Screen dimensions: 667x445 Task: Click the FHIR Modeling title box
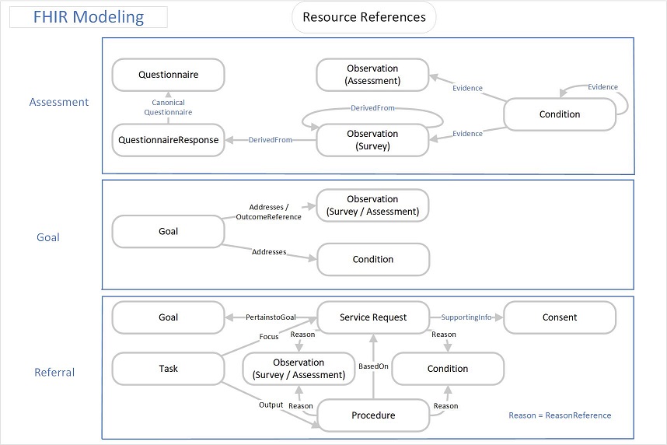(x=89, y=17)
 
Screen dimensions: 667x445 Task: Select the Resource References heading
(x=364, y=17)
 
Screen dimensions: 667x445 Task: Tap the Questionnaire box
(x=169, y=75)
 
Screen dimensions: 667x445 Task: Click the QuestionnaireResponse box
(x=169, y=140)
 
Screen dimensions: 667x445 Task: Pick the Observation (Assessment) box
(x=372, y=75)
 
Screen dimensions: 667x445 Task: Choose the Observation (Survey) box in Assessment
(x=372, y=140)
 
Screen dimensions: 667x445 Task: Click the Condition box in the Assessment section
(x=560, y=114)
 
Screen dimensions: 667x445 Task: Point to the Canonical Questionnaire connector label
(x=168, y=107)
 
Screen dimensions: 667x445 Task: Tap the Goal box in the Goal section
(x=169, y=231)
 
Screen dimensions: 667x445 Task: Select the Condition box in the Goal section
(x=373, y=259)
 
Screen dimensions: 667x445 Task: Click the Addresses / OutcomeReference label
(x=268, y=212)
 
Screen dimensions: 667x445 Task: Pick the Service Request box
(x=373, y=317)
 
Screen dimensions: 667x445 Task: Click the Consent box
(x=560, y=317)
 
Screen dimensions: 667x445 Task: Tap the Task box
(x=169, y=368)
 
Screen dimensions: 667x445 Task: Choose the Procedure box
(x=373, y=415)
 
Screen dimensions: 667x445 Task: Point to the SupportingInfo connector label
(x=466, y=317)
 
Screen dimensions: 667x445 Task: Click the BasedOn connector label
(x=373, y=366)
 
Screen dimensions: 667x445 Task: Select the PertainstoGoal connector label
(x=271, y=317)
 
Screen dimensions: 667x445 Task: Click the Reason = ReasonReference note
(x=560, y=415)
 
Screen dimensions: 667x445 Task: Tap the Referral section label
(x=54, y=372)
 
